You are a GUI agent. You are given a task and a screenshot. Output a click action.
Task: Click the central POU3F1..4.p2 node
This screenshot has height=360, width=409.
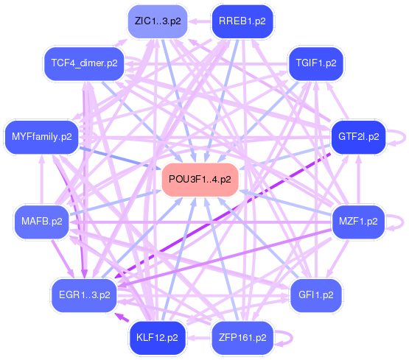coord(200,180)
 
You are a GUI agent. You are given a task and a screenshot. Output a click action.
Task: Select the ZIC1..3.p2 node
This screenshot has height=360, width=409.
coord(158,21)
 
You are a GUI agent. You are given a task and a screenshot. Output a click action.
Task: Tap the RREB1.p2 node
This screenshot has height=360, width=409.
coord(242,21)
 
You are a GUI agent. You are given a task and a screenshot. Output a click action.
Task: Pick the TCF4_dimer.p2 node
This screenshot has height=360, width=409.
coord(84,63)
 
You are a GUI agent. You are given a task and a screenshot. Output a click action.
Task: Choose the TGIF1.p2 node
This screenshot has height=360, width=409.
coord(316,63)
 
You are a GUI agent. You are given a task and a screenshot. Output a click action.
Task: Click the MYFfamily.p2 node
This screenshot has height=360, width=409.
coord(42,137)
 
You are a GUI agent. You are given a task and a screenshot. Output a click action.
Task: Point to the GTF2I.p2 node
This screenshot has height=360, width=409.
coord(358,137)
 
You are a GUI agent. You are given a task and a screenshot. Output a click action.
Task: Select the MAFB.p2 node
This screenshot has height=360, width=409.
coord(42,222)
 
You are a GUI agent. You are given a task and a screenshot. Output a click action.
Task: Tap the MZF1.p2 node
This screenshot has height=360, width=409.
coord(358,222)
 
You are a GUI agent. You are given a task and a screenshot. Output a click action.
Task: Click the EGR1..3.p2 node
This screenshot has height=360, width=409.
coord(84,295)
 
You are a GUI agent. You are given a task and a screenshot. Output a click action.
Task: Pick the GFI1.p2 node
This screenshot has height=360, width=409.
coord(316,295)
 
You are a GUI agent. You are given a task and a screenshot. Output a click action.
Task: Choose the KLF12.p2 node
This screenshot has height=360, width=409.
coord(158,338)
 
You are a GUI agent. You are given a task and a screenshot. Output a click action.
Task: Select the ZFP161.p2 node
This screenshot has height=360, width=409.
coord(242,338)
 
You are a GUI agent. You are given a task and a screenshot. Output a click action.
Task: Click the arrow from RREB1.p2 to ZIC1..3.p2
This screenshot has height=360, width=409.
coord(200,21)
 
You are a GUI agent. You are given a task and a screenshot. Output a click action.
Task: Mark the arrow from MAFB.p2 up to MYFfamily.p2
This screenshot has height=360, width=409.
coord(42,180)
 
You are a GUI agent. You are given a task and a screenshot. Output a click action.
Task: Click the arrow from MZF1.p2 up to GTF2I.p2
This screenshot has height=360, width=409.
coord(359,180)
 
